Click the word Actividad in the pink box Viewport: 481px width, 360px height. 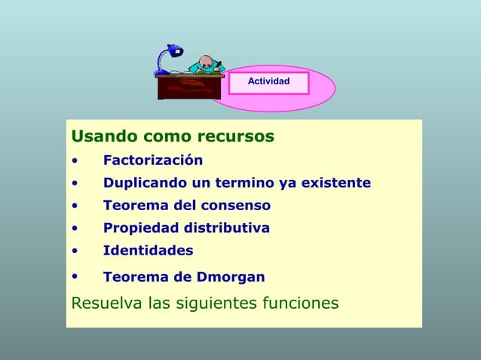click(x=268, y=81)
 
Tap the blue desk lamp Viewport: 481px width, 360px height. click(x=168, y=58)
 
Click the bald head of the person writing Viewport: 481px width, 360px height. click(x=207, y=61)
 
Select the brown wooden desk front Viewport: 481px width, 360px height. click(x=189, y=87)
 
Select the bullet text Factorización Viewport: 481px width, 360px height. click(x=153, y=160)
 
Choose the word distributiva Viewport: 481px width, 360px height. click(x=226, y=228)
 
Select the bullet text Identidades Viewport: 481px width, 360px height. click(x=148, y=251)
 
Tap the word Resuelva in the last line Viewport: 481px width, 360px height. click(x=101, y=304)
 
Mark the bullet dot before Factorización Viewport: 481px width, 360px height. click(x=74, y=161)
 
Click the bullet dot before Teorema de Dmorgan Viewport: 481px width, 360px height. click(x=74, y=277)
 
